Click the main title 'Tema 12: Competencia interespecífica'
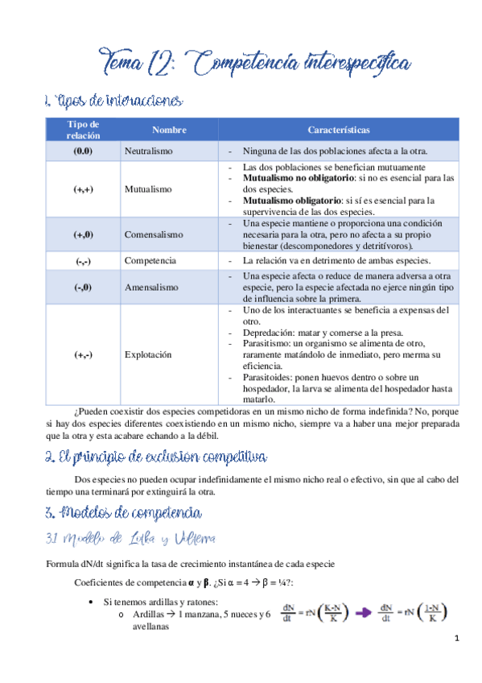(254, 61)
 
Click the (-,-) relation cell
(83, 261)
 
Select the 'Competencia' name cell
(150, 261)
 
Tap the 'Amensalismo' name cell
(150, 287)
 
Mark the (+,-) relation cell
(83, 354)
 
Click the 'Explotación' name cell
(148, 354)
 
